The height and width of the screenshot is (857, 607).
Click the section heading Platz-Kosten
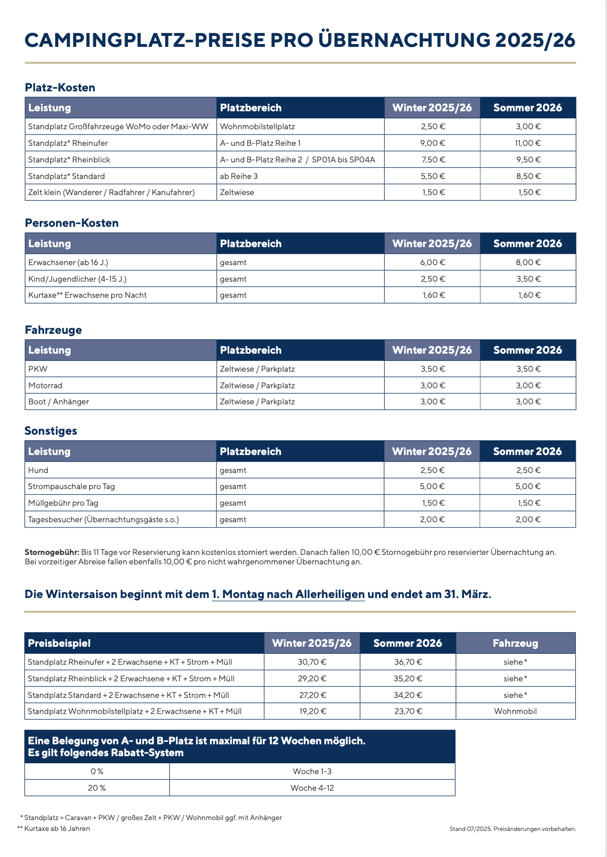coord(60,88)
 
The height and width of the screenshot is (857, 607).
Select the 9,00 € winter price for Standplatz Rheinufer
coord(433,143)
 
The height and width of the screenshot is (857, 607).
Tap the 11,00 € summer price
coord(528,143)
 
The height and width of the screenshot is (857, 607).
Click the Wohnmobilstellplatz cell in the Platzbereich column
coord(257,126)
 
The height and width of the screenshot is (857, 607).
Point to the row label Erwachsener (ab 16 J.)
coord(65,262)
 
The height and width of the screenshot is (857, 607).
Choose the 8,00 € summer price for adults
coord(528,262)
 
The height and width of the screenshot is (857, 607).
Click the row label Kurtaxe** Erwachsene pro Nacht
coord(87,295)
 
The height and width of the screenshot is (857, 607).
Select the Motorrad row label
coord(45,385)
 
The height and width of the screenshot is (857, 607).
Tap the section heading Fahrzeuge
coord(53,330)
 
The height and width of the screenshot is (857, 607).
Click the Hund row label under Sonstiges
coord(38,470)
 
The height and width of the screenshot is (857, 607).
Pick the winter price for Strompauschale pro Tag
coord(432,486)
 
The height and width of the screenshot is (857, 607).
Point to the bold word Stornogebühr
coord(52,552)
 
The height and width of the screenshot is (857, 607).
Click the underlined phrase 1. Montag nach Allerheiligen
coord(288,594)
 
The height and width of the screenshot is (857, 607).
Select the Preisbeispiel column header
coord(59,643)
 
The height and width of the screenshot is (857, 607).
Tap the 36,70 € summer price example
coord(408,662)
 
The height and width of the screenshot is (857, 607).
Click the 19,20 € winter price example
coord(312,711)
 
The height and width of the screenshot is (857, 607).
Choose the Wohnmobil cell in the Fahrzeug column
coord(515,711)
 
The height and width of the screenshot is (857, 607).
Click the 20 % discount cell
coord(97,788)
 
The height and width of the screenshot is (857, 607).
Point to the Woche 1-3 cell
coord(312,771)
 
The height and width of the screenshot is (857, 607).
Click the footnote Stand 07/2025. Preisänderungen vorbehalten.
coord(513,829)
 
